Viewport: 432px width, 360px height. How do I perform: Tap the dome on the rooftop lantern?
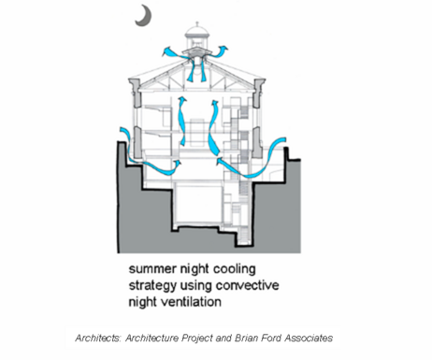pos(197,31)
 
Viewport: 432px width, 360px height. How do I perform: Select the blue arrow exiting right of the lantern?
pos(218,52)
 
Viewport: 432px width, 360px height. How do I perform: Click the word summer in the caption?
pos(150,268)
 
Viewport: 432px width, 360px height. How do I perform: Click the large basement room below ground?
pos(198,204)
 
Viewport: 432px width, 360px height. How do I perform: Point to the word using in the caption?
pos(196,286)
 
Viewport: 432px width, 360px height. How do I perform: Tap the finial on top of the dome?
pos(197,23)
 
